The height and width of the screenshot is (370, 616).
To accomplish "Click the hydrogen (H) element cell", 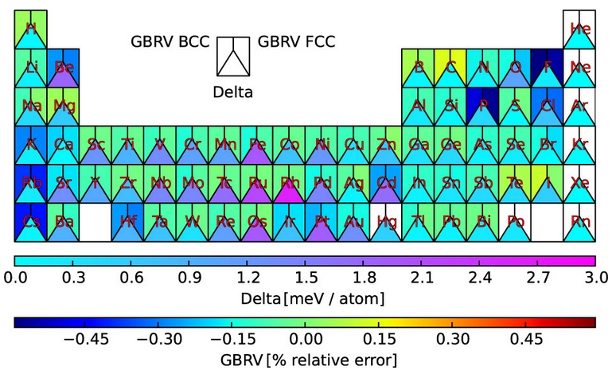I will pyautogui.click(x=31, y=29).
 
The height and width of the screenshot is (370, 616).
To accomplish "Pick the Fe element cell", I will pyautogui.click(x=257, y=145).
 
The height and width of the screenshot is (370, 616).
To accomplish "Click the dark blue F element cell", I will pyautogui.click(x=547, y=68).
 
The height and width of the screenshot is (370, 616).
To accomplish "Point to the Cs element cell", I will pyautogui.click(x=31, y=222).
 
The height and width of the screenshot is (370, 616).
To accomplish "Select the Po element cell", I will pyautogui.click(x=514, y=222).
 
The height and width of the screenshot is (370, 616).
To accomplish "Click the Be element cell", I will pyautogui.click(x=63, y=68).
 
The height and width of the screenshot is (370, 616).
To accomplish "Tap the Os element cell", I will pyautogui.click(x=257, y=222).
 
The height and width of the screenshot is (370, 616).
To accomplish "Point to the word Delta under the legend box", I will pyautogui.click(x=232, y=92).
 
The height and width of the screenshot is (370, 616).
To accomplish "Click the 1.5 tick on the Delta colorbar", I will pyautogui.click(x=305, y=277).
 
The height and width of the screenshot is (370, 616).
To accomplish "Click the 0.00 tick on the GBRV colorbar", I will pyautogui.click(x=305, y=339).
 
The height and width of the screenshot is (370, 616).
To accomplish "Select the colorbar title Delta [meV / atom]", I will pyautogui.click(x=305, y=298).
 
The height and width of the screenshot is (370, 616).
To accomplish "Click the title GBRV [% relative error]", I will pyautogui.click(x=305, y=360).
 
